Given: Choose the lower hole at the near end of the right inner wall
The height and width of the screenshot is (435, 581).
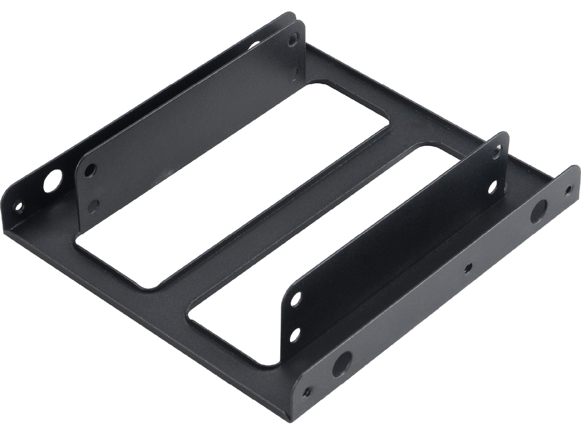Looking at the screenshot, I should [x=296, y=334].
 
